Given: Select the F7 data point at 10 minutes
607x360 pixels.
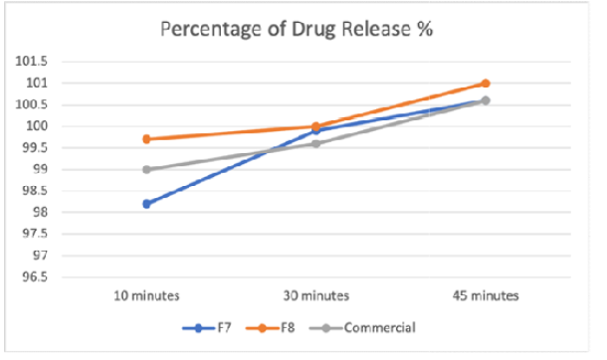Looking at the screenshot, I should (x=146, y=204).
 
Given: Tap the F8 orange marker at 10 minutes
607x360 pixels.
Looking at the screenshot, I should (x=146, y=139).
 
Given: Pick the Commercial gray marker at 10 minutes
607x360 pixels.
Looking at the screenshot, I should (x=146, y=169).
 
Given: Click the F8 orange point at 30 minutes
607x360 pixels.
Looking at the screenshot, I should (x=315, y=126).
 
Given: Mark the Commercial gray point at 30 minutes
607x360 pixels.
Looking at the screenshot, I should (x=315, y=143).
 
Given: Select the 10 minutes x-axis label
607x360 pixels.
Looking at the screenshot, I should (x=146, y=295).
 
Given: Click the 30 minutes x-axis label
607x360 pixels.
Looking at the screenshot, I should (x=315, y=295).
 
